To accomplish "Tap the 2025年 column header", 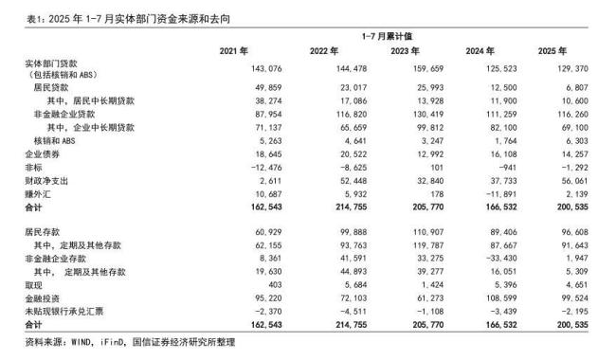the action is tap(551, 50).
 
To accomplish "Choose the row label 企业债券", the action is tap(39, 152).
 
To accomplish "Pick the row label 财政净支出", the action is tap(43, 178).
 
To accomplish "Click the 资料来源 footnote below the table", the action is tap(118, 342).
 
